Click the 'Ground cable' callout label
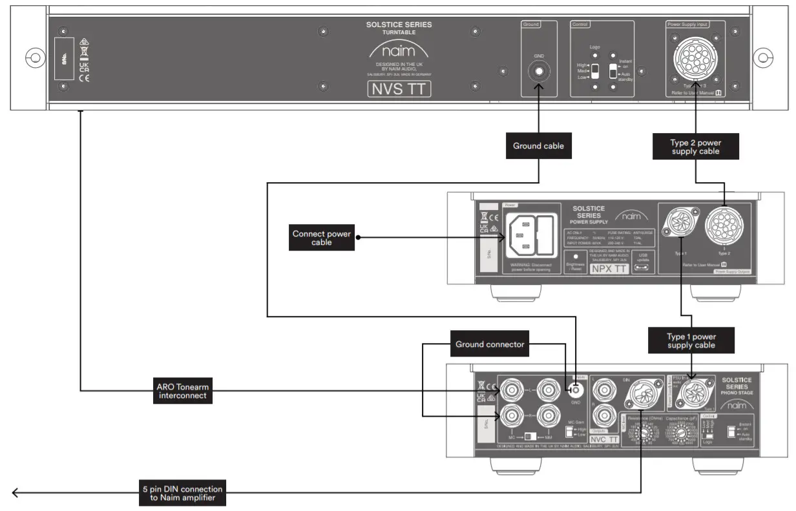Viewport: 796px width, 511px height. tap(538, 146)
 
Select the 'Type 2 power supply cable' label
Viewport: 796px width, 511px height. tap(695, 146)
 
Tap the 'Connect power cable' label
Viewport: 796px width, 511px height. tap(321, 238)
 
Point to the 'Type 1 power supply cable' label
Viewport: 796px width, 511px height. tap(691, 341)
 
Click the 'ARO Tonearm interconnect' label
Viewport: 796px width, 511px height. tap(182, 391)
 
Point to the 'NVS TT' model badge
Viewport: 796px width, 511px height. tap(399, 89)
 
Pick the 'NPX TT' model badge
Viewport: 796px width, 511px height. tap(608, 269)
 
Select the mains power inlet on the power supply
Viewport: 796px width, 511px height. tap(532, 231)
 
